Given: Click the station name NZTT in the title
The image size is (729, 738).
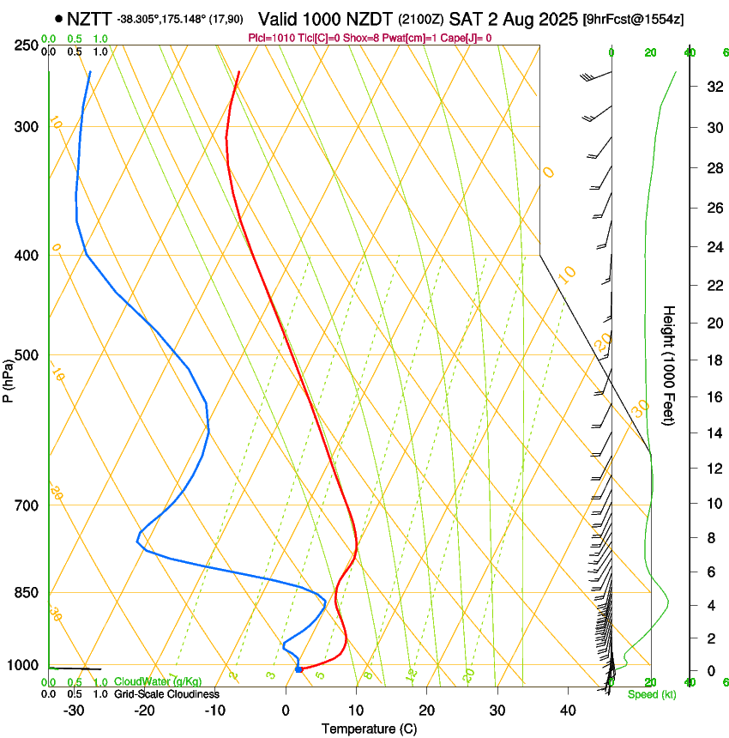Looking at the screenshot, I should pyautogui.click(x=88, y=18).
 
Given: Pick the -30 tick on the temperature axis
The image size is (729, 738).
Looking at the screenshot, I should pyautogui.click(x=74, y=711).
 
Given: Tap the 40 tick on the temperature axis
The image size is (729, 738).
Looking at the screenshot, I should pyautogui.click(x=567, y=711).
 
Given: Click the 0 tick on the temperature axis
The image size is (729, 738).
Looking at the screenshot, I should pyautogui.click(x=286, y=711).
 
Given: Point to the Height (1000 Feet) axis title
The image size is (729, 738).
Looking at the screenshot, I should pyautogui.click(x=670, y=366).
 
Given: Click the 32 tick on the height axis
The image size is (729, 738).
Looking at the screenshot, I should pyautogui.click(x=712, y=87).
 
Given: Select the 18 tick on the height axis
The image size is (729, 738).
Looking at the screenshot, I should pyautogui.click(x=712, y=360).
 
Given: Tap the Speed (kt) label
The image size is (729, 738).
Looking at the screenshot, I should pyautogui.click(x=651, y=694).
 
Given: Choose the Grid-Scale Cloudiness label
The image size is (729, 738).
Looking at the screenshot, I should pyautogui.click(x=166, y=693).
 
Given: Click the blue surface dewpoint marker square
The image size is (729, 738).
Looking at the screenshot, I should pyautogui.click(x=298, y=668).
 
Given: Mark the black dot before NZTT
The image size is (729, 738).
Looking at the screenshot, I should pyautogui.click(x=58, y=18).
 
